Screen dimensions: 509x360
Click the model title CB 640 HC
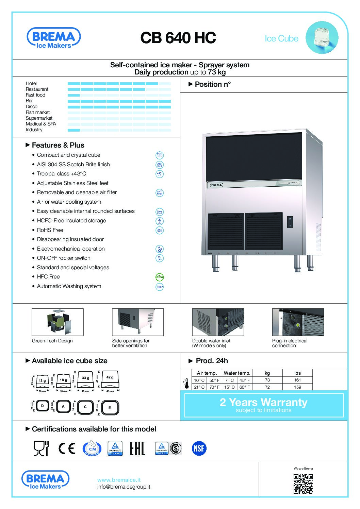[178, 38]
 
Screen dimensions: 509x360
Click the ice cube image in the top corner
[322, 37]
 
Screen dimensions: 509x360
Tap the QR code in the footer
[303, 483]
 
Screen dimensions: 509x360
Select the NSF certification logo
[199, 448]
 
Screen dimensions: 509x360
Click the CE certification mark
[67, 448]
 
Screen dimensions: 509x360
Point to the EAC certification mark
[137, 448]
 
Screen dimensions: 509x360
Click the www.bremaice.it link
[119, 480]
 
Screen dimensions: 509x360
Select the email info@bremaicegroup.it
[124, 487]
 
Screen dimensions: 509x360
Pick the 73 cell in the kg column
[267, 380]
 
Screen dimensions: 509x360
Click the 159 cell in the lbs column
[297, 387]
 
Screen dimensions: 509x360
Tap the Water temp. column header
[237, 373]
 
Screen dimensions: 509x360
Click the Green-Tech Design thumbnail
[58, 322]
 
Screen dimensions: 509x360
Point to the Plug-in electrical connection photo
[298, 322]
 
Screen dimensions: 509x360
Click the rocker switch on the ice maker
[290, 222]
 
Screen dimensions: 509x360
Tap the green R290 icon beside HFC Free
[160, 277]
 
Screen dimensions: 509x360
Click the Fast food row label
[35, 95]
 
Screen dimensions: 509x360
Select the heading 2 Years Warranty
[263, 402]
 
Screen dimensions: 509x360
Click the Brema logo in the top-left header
[53, 38]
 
